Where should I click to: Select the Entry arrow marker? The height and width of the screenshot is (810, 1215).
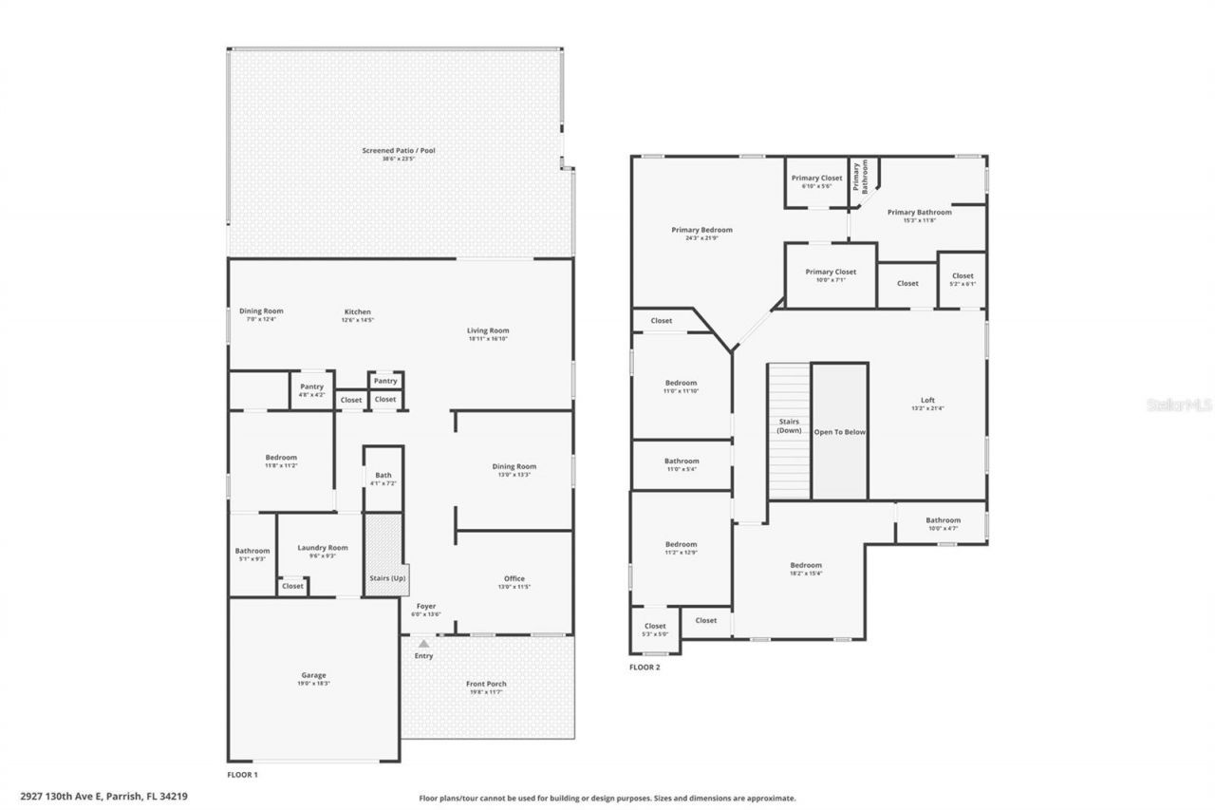(423, 644)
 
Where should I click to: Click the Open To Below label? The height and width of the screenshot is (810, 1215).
(839, 432)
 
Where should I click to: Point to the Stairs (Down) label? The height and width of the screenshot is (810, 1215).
(789, 425)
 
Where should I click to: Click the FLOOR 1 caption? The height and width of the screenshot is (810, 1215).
(242, 775)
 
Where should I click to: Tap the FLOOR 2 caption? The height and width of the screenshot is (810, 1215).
(645, 668)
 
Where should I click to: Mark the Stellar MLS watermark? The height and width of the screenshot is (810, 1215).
(1179, 405)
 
